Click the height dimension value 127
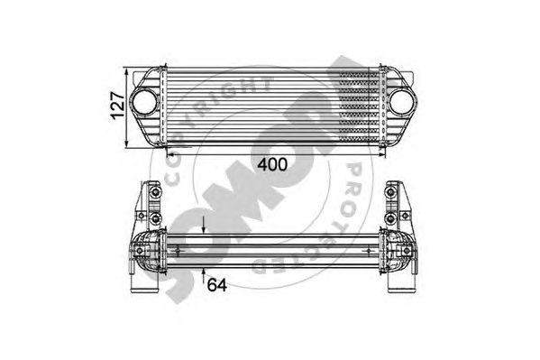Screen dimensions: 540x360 (x=118, y=106)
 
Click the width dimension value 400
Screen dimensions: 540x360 (x=272, y=165)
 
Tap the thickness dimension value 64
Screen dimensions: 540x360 (x=217, y=285)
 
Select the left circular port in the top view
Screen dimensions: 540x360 (x=144, y=102)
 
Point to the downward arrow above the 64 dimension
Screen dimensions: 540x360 (x=204, y=226)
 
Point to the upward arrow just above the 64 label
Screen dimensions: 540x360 (x=204, y=276)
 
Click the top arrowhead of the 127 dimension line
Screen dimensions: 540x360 (x=127, y=72)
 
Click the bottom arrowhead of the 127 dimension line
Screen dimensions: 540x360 (x=127, y=143)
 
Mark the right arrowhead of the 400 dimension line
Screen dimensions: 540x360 (x=381, y=155)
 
